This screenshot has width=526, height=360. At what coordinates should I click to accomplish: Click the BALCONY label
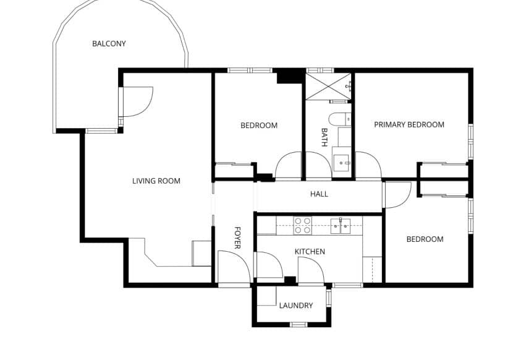tap(109, 44)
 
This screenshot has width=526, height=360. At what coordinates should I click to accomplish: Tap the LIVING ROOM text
tap(156, 181)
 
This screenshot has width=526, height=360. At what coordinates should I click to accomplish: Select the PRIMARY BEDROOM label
tap(409, 125)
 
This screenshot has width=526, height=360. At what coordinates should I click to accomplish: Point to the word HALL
tap(319, 194)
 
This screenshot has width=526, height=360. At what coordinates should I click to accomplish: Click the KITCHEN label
tap(310, 252)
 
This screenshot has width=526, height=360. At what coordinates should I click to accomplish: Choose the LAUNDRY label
tap(295, 306)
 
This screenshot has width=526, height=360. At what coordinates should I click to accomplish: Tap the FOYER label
tap(237, 238)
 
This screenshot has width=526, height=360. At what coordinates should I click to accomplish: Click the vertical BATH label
tap(324, 137)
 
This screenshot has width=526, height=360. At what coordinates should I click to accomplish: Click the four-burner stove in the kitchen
tap(302, 225)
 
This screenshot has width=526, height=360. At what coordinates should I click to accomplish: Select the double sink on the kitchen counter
tap(340, 225)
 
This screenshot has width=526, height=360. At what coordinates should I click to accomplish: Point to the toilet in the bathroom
tap(339, 119)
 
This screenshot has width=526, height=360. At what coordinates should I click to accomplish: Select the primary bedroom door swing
tap(367, 166)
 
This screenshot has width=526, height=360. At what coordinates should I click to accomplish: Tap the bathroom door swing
tap(318, 166)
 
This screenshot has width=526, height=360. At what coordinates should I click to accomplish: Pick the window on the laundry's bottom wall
tap(299, 324)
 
